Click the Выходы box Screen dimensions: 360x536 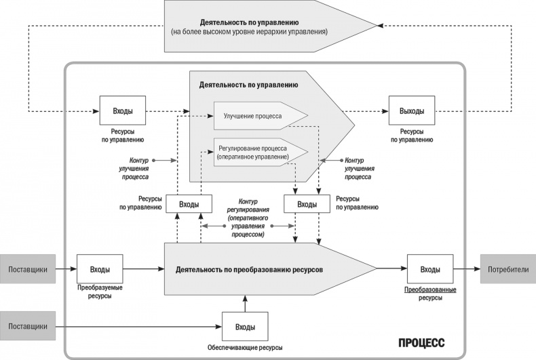(x=411, y=111)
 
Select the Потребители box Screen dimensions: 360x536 (x=508, y=269)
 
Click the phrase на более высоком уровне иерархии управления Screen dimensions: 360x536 (x=261, y=31)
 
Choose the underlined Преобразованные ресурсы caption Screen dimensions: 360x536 (x=429, y=294)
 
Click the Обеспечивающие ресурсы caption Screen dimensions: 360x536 (x=244, y=348)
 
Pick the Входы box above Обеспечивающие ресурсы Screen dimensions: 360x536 (x=245, y=327)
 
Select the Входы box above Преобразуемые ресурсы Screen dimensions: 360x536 (x=100, y=269)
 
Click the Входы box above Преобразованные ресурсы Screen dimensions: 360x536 (x=429, y=269)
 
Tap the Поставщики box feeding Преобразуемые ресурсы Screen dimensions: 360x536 (x=28, y=269)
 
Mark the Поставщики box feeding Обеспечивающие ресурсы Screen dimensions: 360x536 (x=28, y=327)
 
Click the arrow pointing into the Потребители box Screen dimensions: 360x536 (x=467, y=269)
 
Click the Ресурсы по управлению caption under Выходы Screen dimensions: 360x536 (x=411, y=136)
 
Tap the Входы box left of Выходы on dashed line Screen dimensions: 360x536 (x=122, y=111)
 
